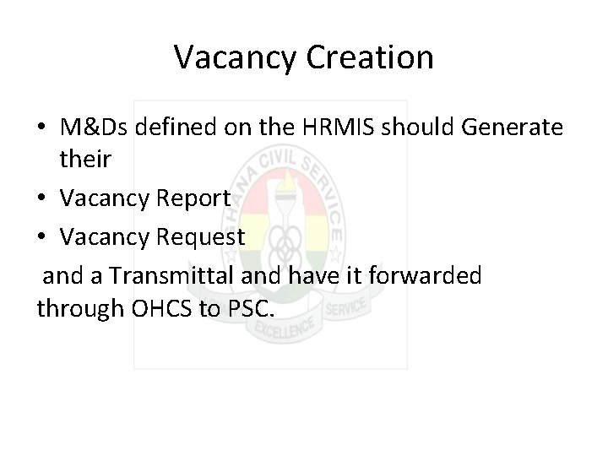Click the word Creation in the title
tap(371, 57)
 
